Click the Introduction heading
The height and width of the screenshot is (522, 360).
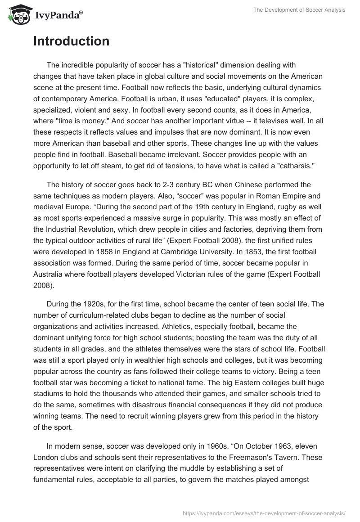(71, 41)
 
